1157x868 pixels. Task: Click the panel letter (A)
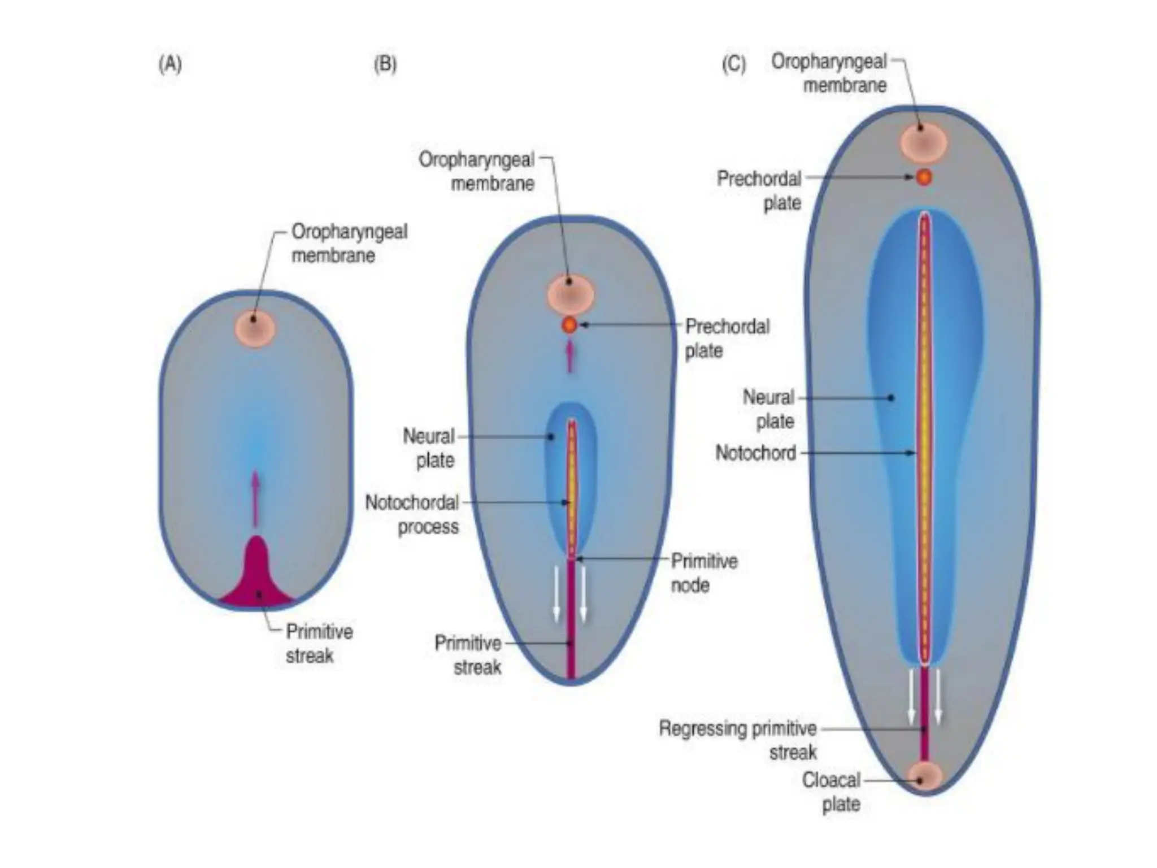(x=170, y=64)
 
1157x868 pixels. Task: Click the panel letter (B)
(x=385, y=64)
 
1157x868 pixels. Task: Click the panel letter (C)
(x=733, y=64)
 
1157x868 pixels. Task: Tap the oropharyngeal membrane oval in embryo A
(x=255, y=328)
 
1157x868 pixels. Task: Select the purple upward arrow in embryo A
(x=255, y=497)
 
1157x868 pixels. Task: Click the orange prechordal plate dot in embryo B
(x=569, y=325)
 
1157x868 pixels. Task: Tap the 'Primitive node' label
(x=703, y=573)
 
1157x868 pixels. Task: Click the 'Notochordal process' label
(x=412, y=514)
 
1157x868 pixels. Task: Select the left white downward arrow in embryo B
(x=556, y=593)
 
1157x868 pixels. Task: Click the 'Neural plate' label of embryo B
(x=429, y=448)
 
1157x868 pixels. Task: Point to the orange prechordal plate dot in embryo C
(x=924, y=177)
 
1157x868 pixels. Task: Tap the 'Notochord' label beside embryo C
(x=755, y=453)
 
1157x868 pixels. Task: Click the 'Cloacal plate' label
(x=832, y=792)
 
